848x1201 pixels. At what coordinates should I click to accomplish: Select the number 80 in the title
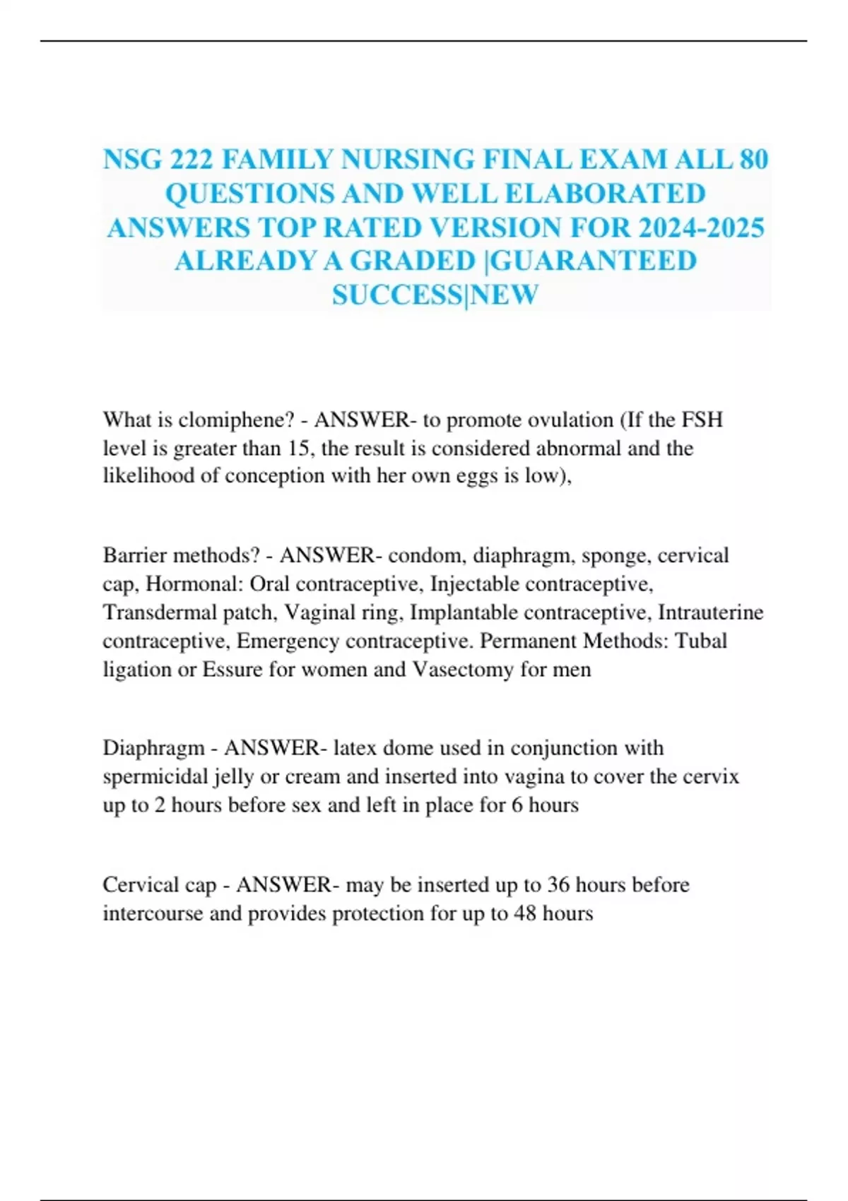pos(753,160)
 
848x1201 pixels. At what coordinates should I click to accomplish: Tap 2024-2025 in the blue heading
pos(701,227)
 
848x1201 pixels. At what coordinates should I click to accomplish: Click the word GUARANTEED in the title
pos(592,261)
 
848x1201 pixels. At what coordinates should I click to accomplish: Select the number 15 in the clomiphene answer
pos(300,448)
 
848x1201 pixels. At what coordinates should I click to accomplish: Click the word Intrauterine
pos(710,612)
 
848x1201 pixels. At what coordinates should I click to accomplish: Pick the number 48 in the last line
pos(525,913)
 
